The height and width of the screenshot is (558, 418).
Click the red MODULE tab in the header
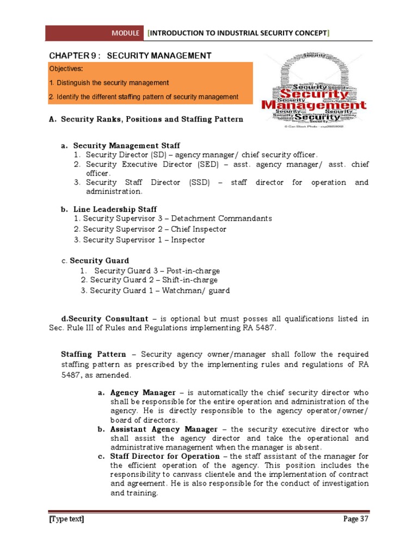pos(126,33)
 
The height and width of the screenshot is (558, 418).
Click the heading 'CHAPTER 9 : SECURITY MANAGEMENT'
pos(131,56)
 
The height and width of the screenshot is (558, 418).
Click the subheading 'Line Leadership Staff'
pos(115,209)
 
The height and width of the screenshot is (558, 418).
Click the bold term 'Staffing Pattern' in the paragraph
pos(93,354)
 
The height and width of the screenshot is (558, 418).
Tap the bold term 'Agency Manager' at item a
pos(143,392)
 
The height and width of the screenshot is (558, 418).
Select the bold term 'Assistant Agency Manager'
pos(164,429)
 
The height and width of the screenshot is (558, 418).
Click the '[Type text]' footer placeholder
pos(66,519)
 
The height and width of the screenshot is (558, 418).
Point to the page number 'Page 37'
pos(356,519)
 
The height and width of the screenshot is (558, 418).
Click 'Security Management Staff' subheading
pos(126,146)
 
